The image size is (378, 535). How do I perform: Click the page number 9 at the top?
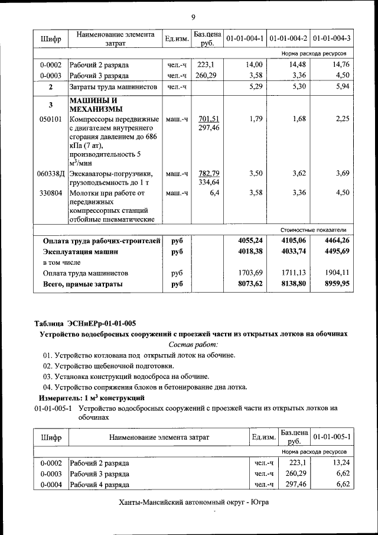[193, 15]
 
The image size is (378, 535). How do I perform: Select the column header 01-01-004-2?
[288, 39]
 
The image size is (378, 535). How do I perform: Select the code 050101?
[50, 119]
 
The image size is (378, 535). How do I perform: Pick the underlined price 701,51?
[208, 119]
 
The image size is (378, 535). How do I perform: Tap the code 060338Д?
[50, 174]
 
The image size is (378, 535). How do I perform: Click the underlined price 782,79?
[208, 173]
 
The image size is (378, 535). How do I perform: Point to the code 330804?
[50, 192]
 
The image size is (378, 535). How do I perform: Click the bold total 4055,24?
[250, 241]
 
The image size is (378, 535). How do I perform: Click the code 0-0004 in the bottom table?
[51, 484]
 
